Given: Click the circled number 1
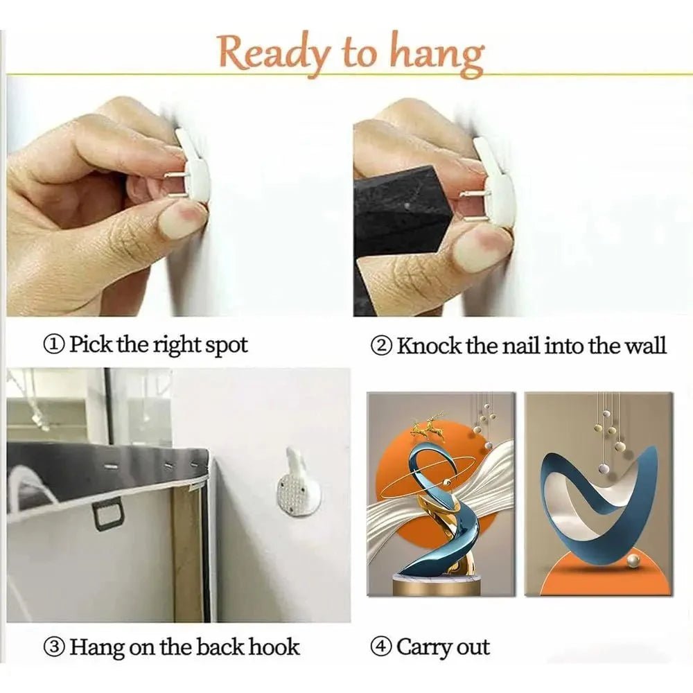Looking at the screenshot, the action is click(54, 345).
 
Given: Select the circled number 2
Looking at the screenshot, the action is click(381, 346).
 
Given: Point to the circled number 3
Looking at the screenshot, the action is click(54, 647).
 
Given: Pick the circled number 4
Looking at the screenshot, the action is click(381, 647).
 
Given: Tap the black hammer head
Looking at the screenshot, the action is click(402, 212).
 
